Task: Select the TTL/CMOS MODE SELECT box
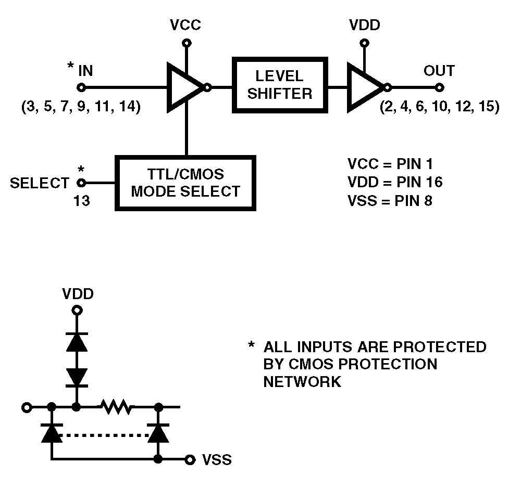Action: tap(185, 183)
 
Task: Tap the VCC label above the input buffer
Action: tap(185, 25)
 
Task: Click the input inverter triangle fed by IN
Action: tap(184, 87)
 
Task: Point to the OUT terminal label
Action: tap(439, 71)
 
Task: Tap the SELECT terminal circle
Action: tap(81, 183)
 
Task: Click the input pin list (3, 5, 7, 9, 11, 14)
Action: tap(81, 108)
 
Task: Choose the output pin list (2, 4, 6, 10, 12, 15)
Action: tap(440, 108)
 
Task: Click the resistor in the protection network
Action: tap(118, 407)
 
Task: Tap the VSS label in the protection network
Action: tap(217, 460)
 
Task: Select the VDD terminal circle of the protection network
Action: tap(77, 311)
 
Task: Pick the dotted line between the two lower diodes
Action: tap(104, 434)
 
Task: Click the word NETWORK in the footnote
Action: tap(302, 382)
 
